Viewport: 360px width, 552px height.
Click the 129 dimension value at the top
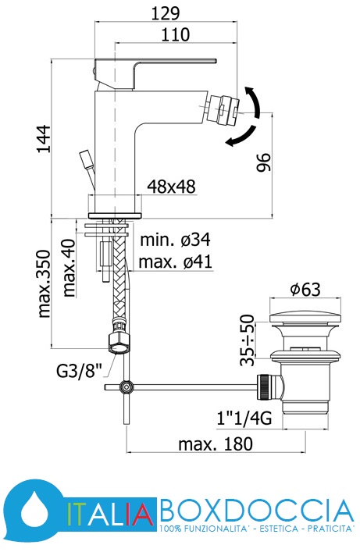(x=166, y=13)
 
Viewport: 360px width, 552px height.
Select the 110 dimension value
(x=176, y=35)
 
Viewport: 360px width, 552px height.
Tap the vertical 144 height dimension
(x=44, y=138)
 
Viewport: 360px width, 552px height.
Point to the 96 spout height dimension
(x=264, y=162)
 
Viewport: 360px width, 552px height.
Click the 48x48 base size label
(x=171, y=187)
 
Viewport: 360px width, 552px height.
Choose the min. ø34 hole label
(x=175, y=240)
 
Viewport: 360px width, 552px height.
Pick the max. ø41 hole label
(x=176, y=262)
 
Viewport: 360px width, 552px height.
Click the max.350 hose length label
(x=45, y=283)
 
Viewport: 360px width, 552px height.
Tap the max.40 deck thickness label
(x=69, y=268)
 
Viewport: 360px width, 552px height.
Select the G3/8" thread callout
(x=79, y=371)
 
